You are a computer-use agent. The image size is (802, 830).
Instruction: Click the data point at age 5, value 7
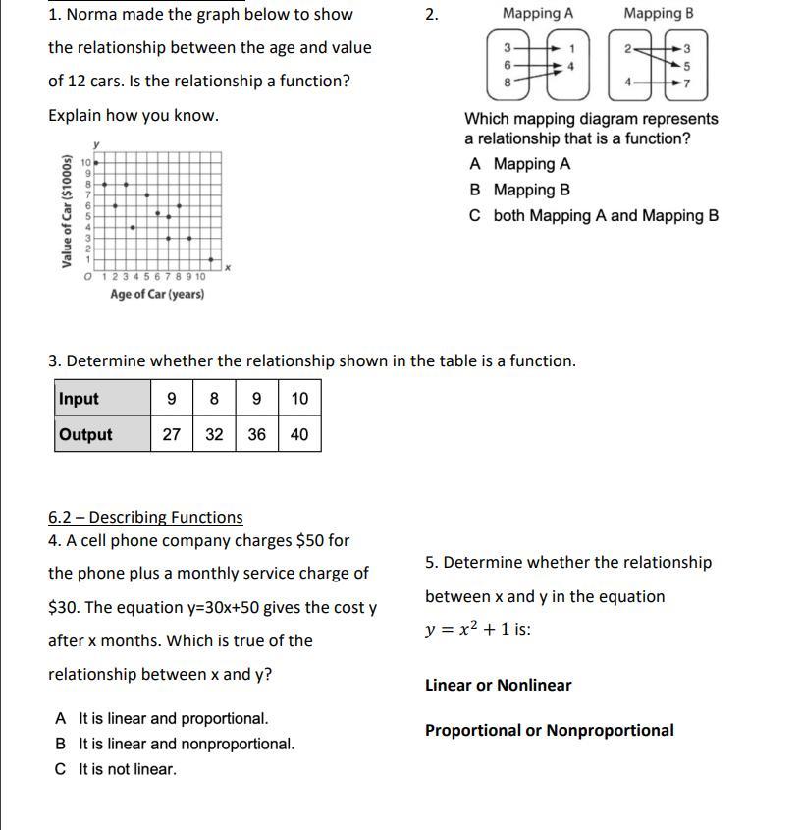tap(147, 194)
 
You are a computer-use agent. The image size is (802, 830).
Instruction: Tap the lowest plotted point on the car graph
tap(210, 259)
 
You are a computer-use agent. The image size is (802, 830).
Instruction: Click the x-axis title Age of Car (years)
tap(157, 294)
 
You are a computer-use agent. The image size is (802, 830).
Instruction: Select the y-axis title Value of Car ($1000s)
tap(67, 211)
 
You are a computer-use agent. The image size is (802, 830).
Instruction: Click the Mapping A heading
tap(537, 14)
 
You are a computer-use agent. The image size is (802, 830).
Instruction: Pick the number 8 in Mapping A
tap(507, 83)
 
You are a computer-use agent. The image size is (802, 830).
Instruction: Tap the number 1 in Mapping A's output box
tap(571, 48)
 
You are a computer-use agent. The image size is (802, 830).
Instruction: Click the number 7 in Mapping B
tap(687, 83)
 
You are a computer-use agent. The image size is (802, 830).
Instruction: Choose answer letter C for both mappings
tap(475, 216)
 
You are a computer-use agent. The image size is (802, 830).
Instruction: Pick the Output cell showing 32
tap(214, 434)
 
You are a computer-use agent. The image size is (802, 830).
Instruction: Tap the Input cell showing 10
tap(299, 399)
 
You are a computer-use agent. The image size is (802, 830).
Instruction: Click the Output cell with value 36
tap(256, 434)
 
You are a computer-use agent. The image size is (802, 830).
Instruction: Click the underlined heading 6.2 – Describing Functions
tap(145, 517)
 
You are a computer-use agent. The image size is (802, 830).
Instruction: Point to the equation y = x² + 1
tap(477, 630)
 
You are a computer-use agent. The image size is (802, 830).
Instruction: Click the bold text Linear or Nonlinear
tap(498, 685)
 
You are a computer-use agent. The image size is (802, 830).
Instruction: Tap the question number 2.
tap(431, 15)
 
